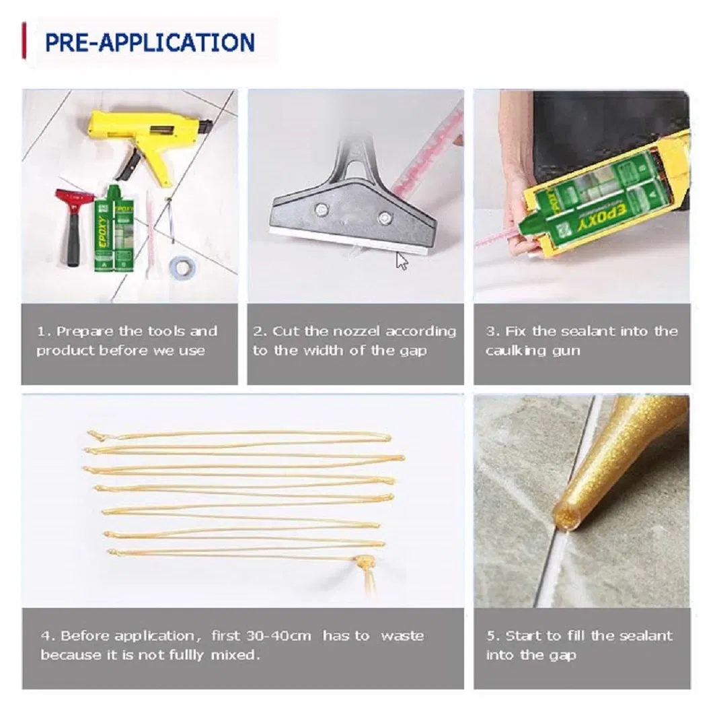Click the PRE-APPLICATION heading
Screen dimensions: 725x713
coord(149,42)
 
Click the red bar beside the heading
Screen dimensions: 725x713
coord(24,42)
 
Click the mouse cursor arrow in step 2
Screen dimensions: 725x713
coord(402,261)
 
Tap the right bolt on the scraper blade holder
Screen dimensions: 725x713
coord(384,217)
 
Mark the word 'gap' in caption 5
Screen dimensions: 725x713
coord(562,655)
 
